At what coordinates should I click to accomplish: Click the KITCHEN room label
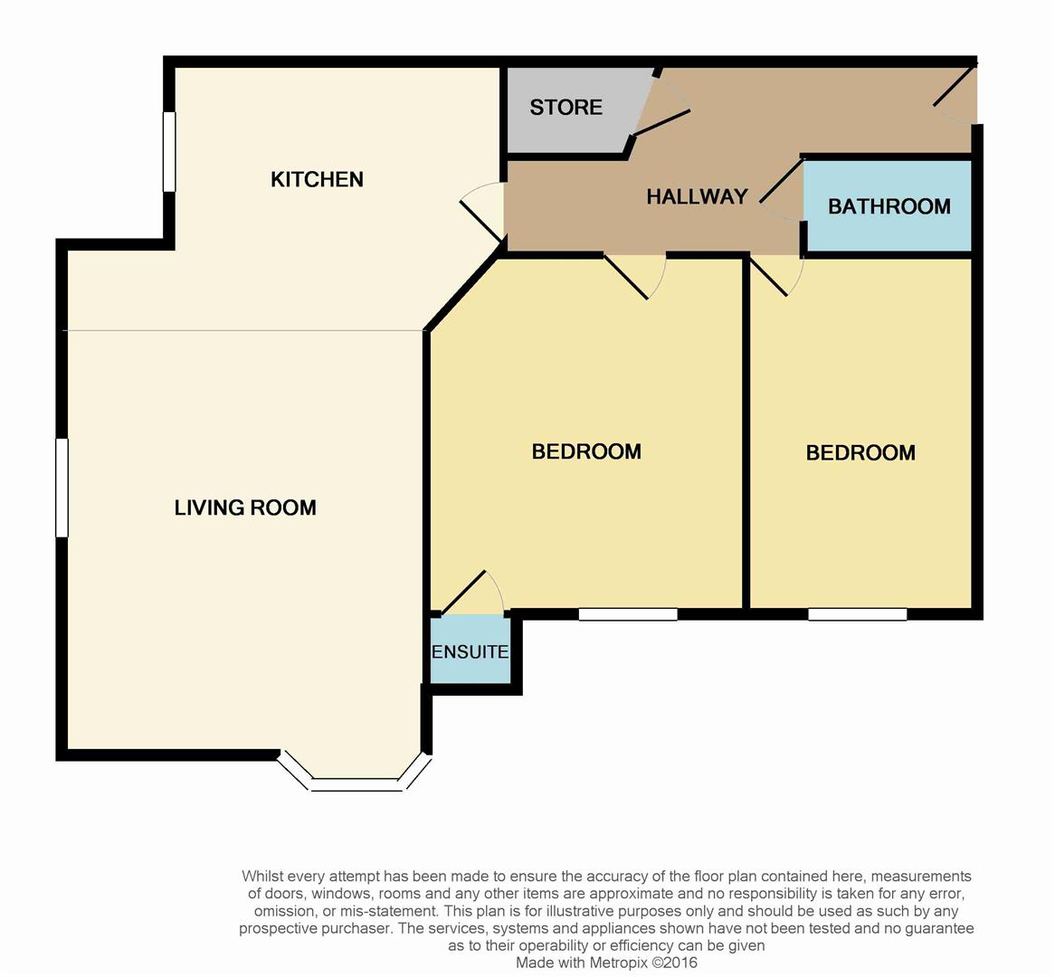(x=317, y=179)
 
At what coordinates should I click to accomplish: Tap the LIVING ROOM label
(x=245, y=507)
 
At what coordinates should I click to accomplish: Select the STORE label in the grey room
(x=566, y=108)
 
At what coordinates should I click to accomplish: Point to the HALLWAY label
(x=697, y=196)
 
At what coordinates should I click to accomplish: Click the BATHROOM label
(x=889, y=206)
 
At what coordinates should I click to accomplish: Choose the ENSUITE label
(x=470, y=651)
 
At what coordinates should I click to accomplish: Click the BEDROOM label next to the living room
(x=586, y=451)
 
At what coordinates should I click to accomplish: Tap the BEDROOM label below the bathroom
(x=860, y=452)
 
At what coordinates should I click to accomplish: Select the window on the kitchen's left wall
(x=169, y=151)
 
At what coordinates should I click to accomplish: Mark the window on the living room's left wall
(x=62, y=488)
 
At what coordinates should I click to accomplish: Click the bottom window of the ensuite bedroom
(x=628, y=614)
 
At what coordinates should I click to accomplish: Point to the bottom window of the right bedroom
(x=857, y=614)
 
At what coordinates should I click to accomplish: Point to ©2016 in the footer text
(x=674, y=963)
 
